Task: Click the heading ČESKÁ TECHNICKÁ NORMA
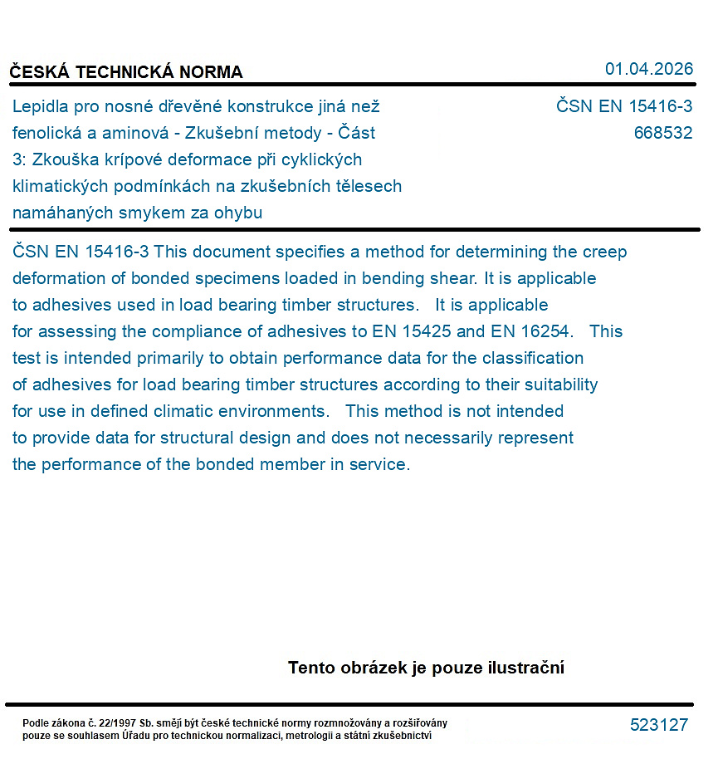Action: pyautogui.click(x=126, y=72)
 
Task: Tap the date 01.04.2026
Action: pyautogui.click(x=648, y=69)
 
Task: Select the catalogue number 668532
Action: pyautogui.click(x=662, y=133)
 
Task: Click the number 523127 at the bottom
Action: pyautogui.click(x=658, y=725)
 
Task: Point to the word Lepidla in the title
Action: pyautogui.click(x=40, y=106)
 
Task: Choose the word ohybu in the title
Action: pyautogui.click(x=240, y=213)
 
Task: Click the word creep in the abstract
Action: pyautogui.click(x=605, y=252)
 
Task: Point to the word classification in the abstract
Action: pyautogui.click(x=535, y=358)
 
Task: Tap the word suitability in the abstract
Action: pyautogui.click(x=558, y=384)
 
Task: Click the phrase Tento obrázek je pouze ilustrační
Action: pyautogui.click(x=426, y=668)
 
